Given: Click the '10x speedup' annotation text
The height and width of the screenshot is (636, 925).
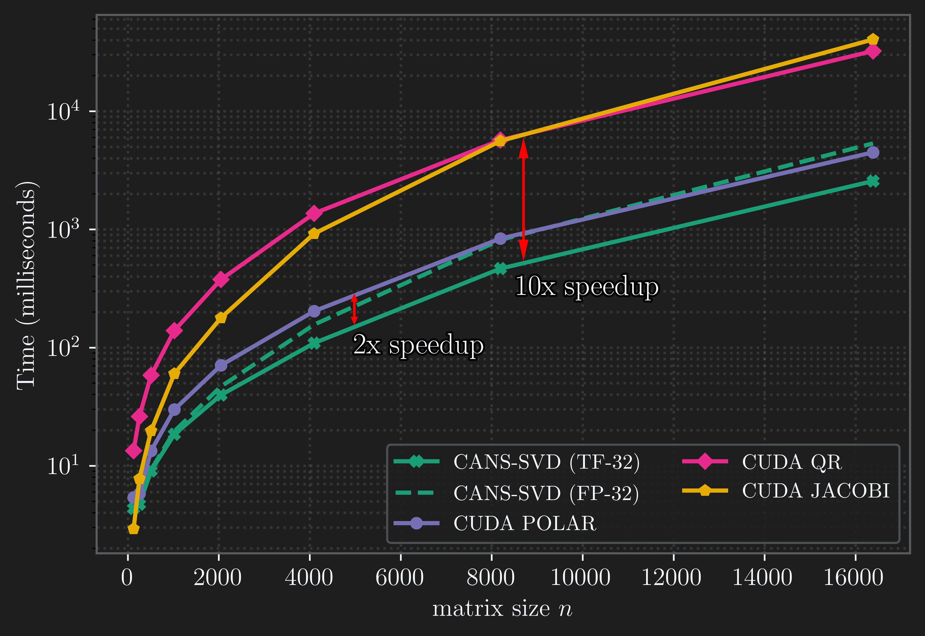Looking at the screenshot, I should (x=587, y=287).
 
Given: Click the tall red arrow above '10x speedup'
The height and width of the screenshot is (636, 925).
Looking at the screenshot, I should (x=523, y=199).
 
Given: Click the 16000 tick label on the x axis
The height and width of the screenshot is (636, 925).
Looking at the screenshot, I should (x=853, y=578).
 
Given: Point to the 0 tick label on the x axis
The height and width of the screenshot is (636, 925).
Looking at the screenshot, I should (x=127, y=578).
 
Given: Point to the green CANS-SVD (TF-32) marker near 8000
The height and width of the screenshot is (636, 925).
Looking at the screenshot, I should (x=501, y=269).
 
